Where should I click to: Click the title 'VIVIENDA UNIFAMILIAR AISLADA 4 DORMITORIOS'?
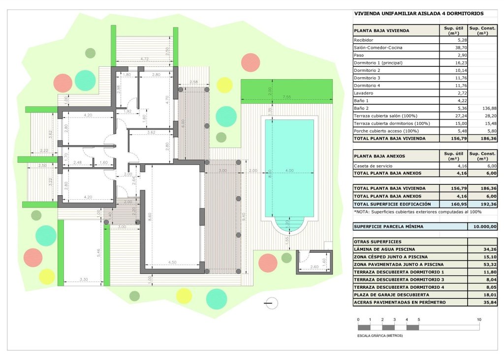click(x=418, y=14)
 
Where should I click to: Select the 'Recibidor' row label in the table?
click(x=364, y=40)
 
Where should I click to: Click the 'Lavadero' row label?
click(x=363, y=92)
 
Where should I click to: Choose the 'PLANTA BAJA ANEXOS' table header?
click(x=379, y=156)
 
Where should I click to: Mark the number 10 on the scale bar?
click(x=479, y=320)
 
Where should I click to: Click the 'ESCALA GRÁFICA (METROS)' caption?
click(x=380, y=335)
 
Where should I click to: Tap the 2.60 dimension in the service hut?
click(x=315, y=267)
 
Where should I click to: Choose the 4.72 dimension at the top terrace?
click(x=145, y=59)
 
